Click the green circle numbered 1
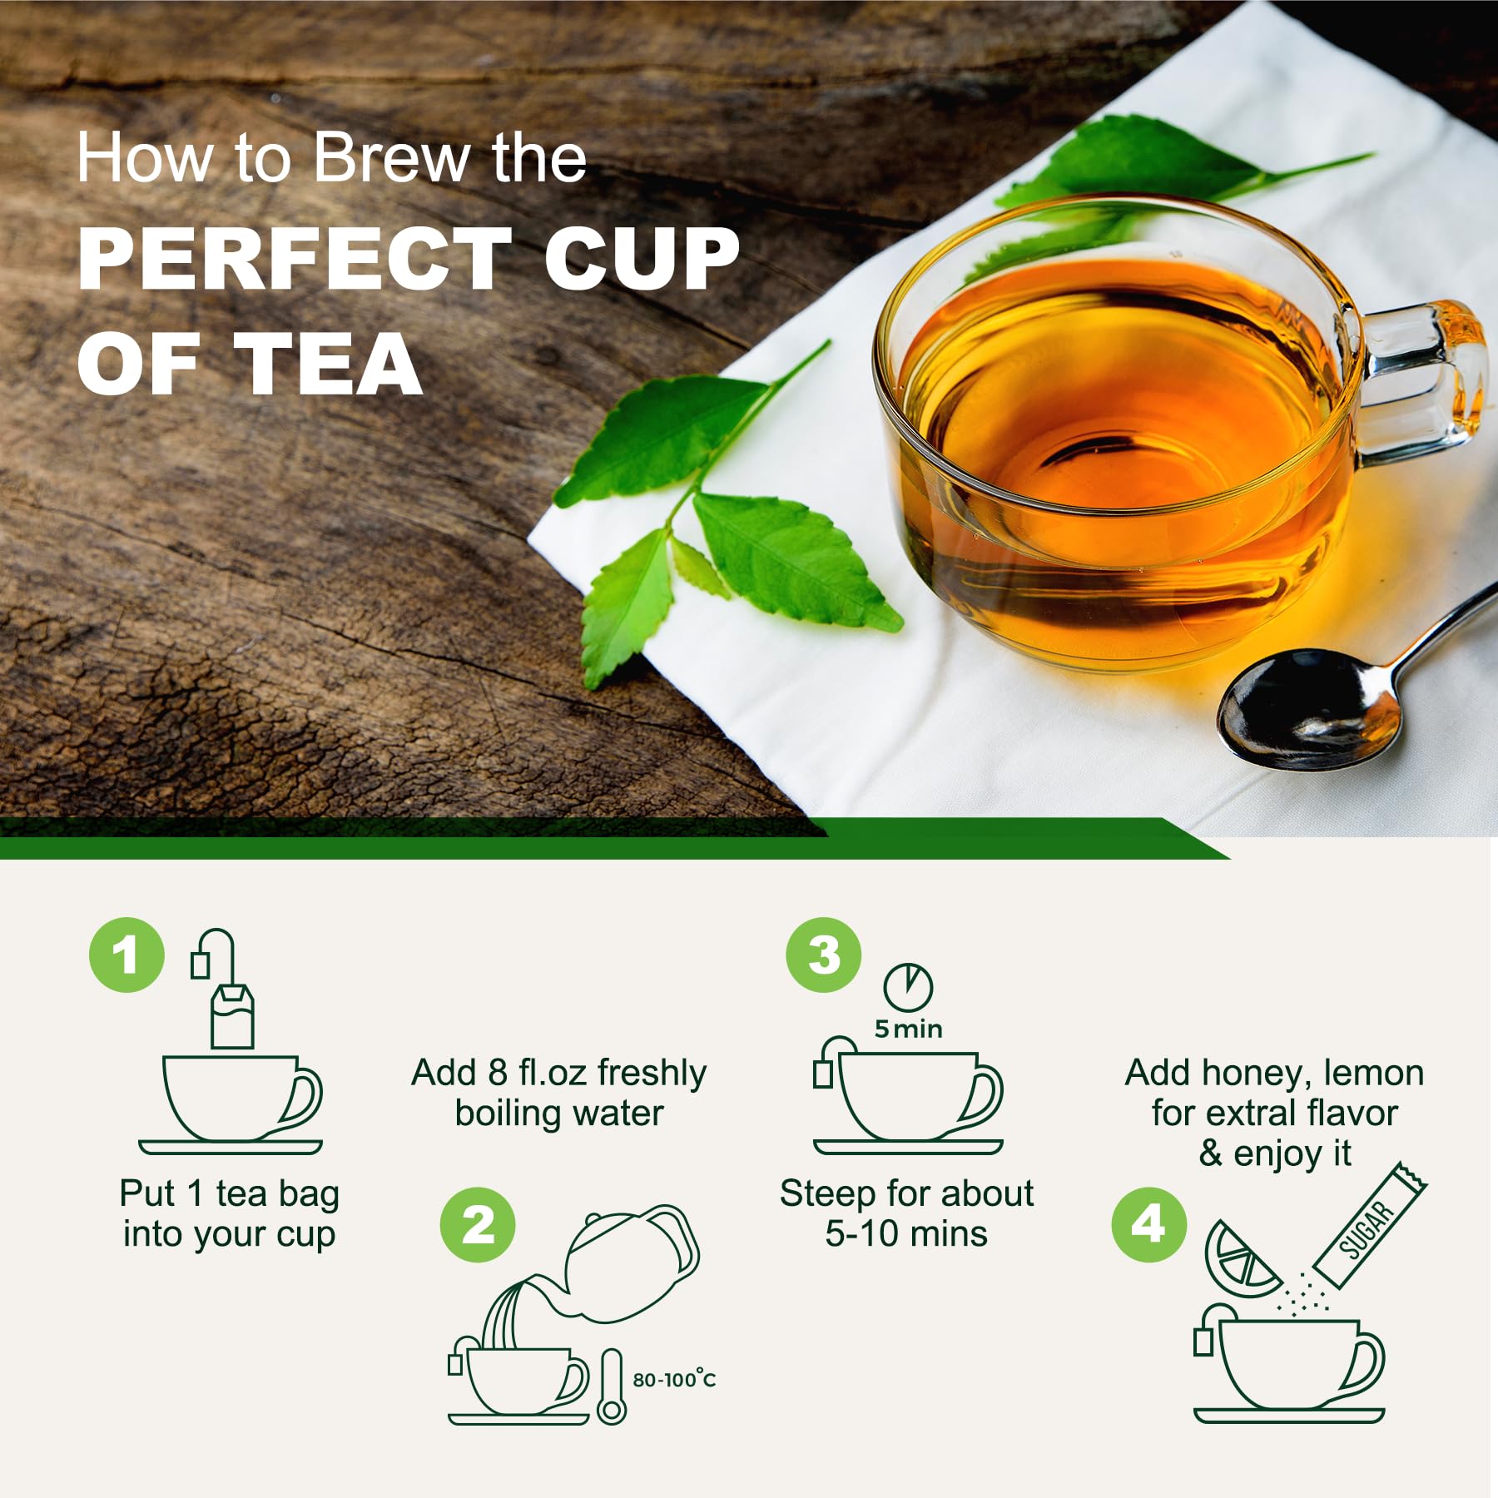click(x=126, y=955)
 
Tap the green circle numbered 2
click(x=478, y=1225)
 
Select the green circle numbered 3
click(x=823, y=955)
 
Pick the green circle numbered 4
click(x=1148, y=1224)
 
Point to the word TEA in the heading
click(x=328, y=365)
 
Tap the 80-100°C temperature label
click(x=674, y=1380)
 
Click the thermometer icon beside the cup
click(x=612, y=1386)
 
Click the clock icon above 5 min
click(x=908, y=988)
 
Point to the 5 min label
click(x=908, y=1029)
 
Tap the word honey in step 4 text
click(x=1252, y=1073)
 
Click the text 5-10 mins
click(x=906, y=1233)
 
